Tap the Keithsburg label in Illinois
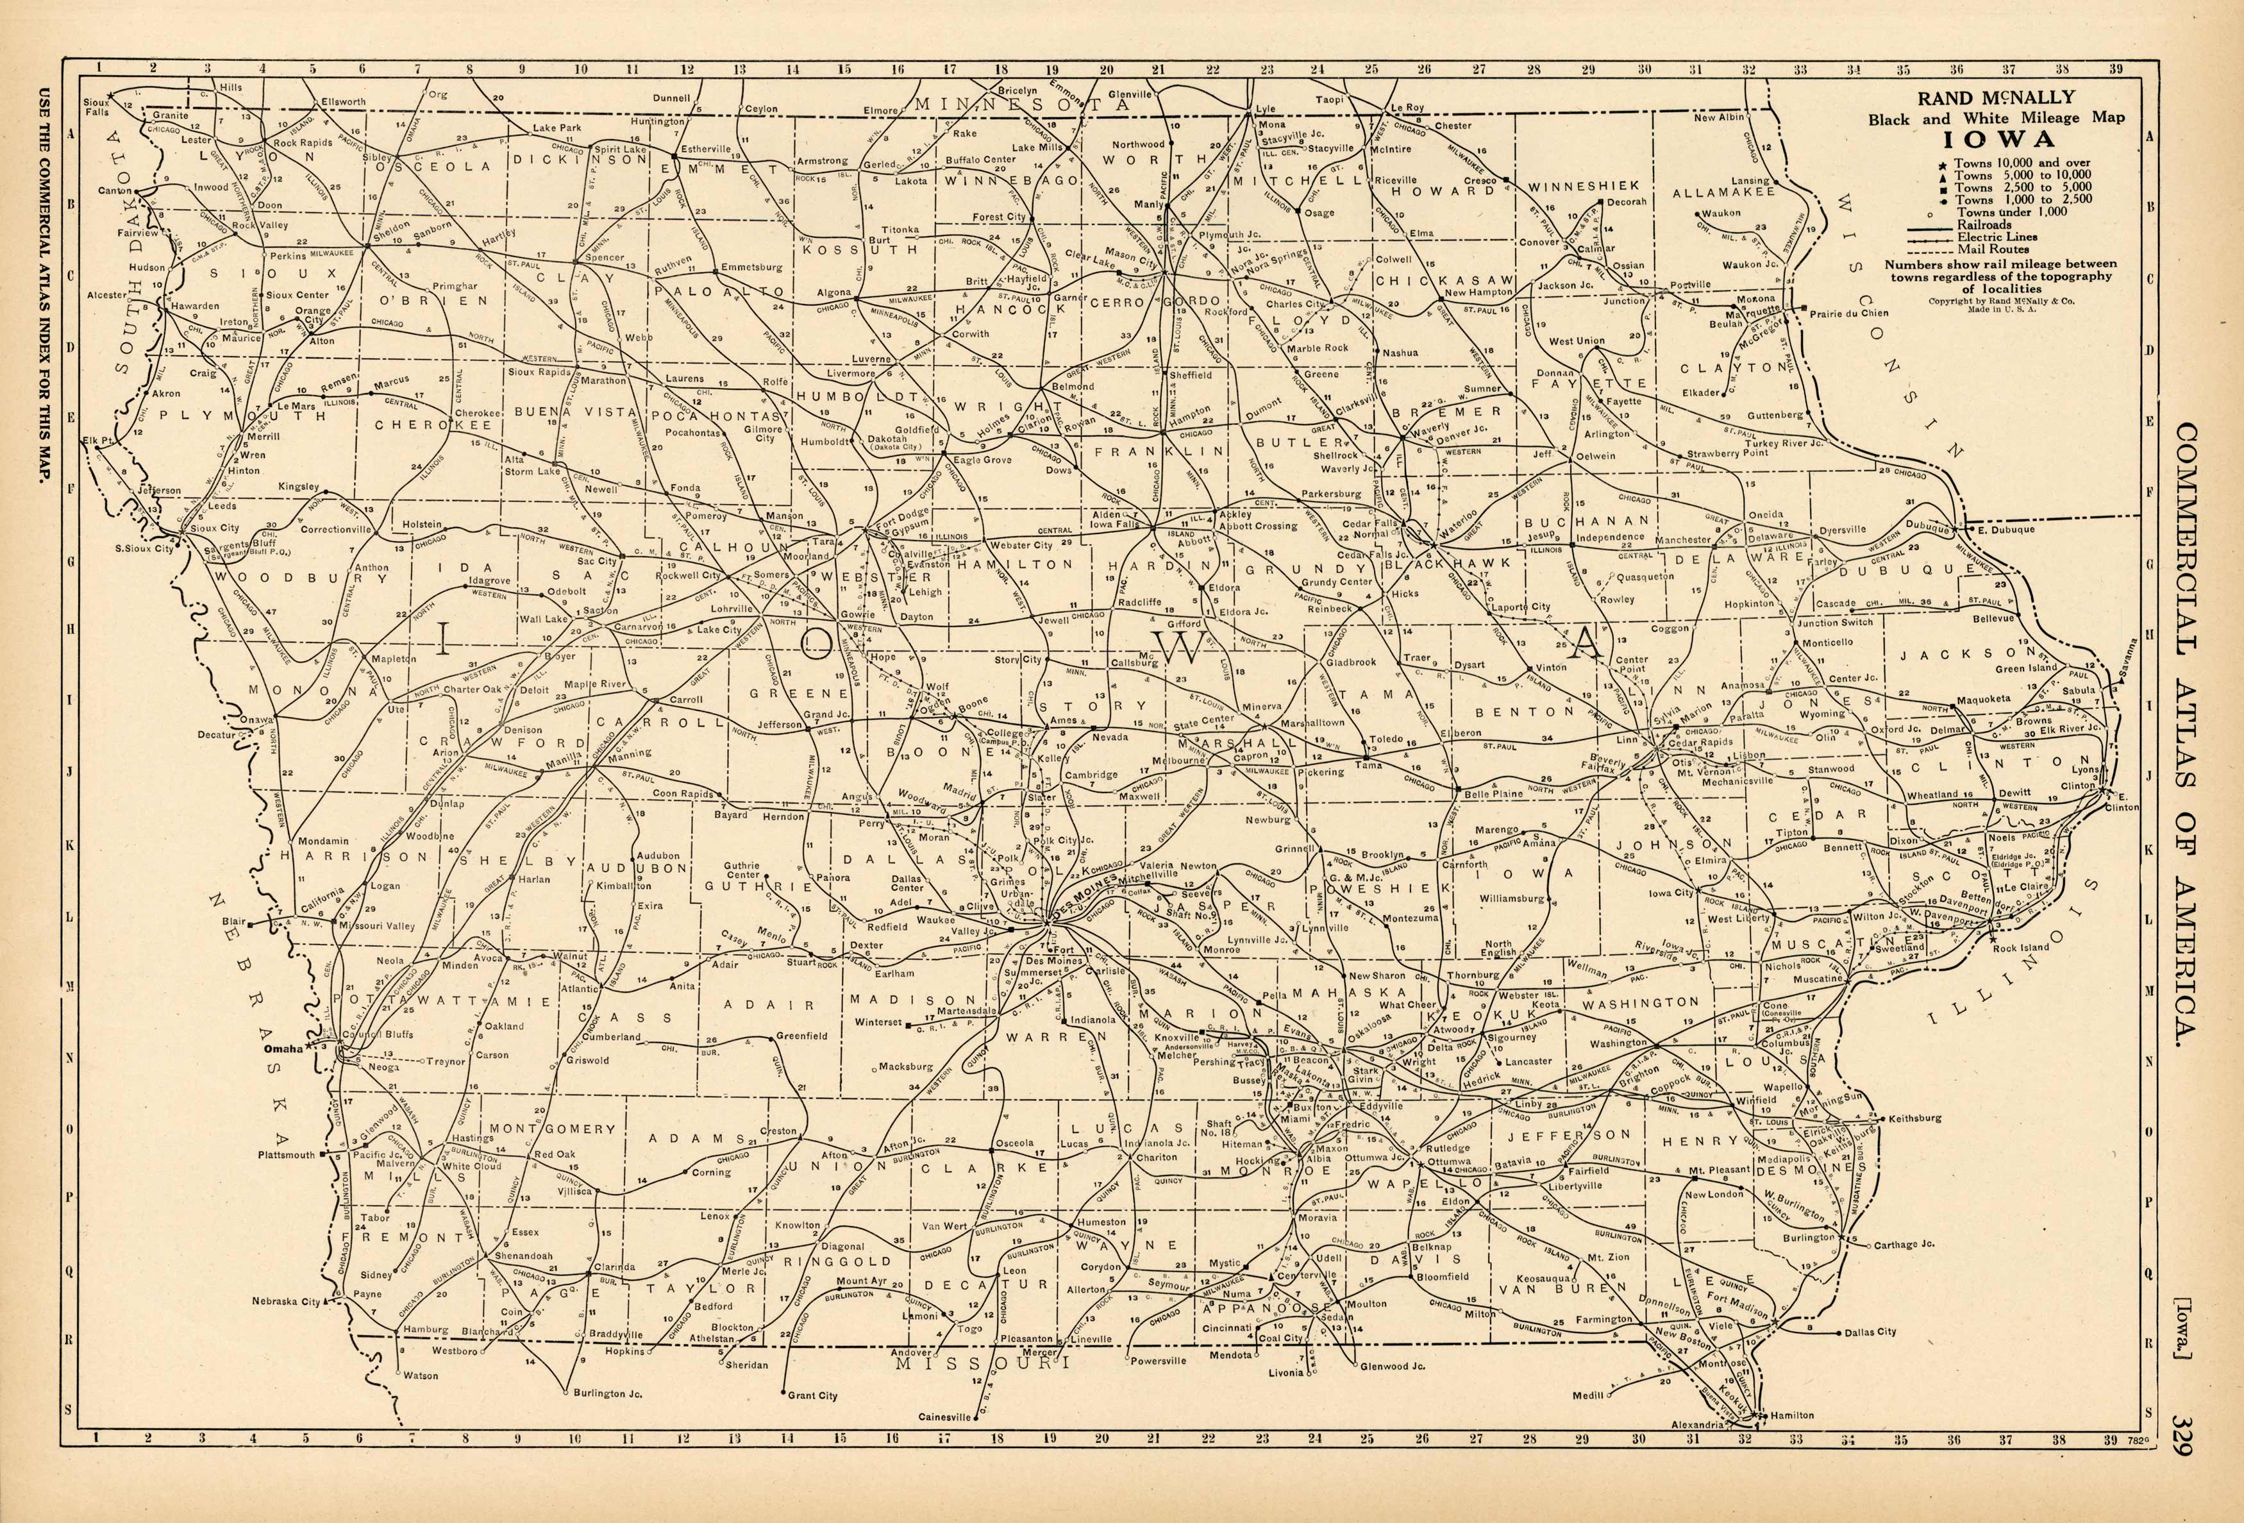tap(1914, 1118)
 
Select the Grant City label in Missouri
tap(812, 1395)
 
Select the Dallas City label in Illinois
tap(1870, 1332)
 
